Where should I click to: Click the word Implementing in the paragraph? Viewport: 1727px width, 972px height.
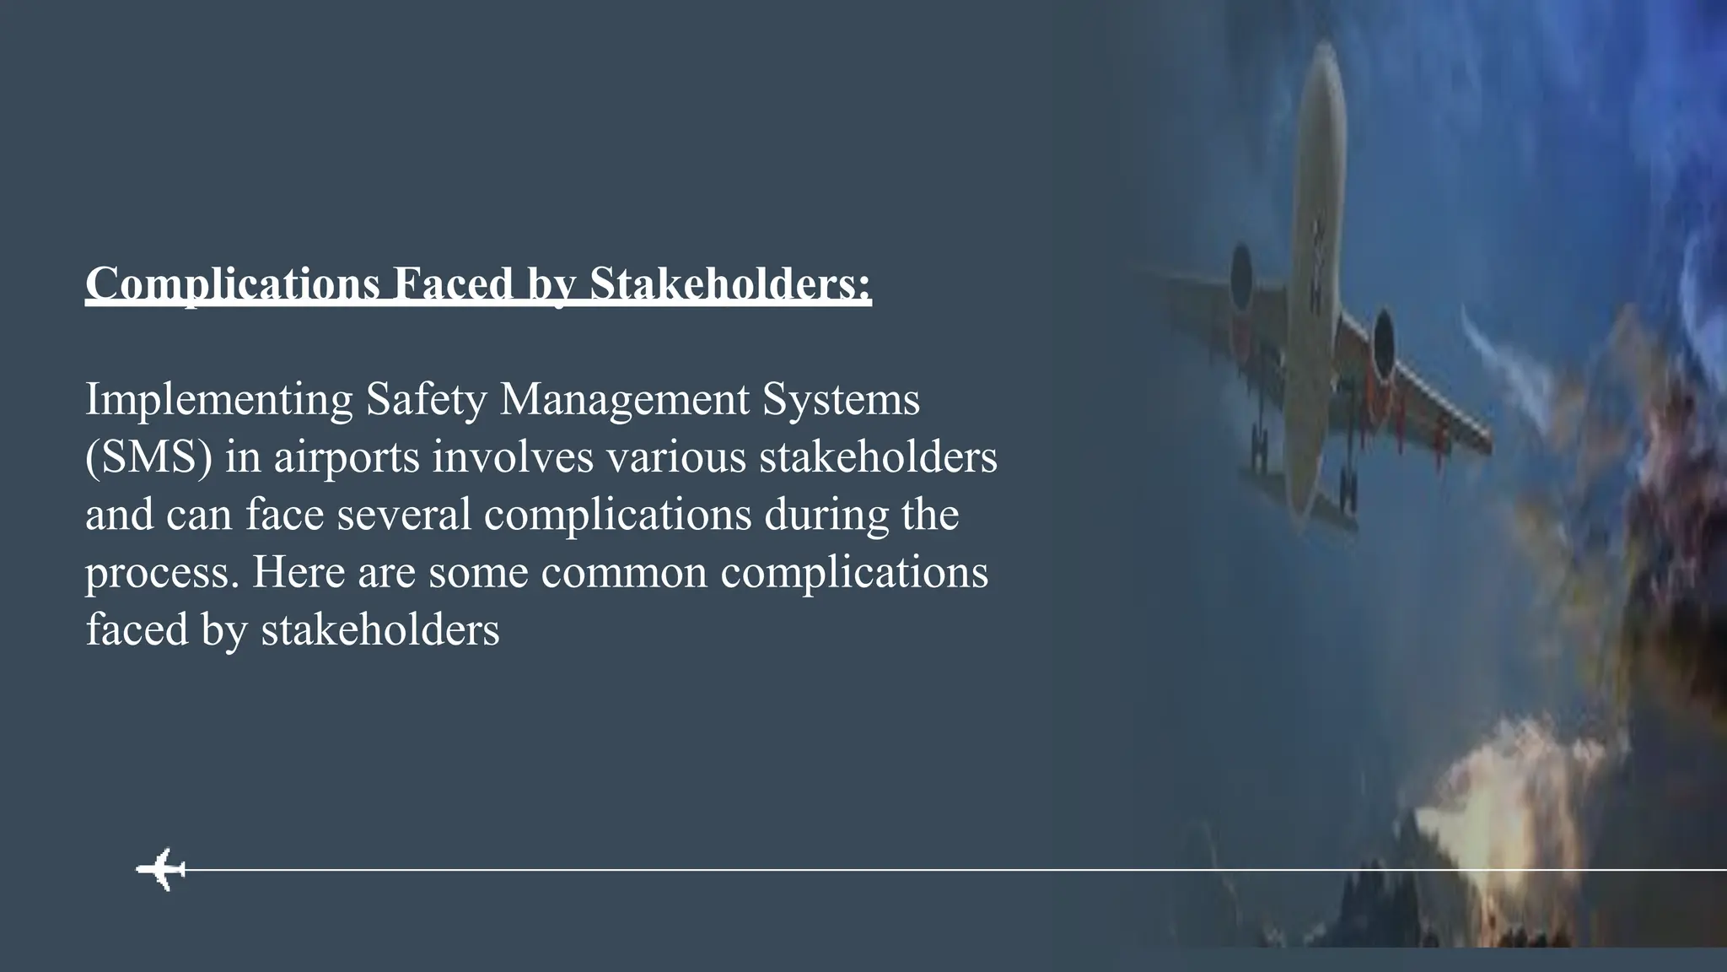coord(218,400)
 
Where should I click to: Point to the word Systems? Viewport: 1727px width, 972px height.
coord(841,400)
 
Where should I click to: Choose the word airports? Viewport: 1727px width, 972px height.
coord(347,458)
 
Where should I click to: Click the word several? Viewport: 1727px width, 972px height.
coord(404,515)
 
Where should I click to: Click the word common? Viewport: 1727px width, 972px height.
coord(624,573)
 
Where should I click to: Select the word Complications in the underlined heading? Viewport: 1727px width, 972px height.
coord(232,284)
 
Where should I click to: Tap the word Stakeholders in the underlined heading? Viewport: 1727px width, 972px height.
coord(730,284)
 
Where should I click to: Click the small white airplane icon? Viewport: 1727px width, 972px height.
coord(161,868)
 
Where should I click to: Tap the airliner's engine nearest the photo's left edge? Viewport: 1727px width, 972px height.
coord(1241,274)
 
